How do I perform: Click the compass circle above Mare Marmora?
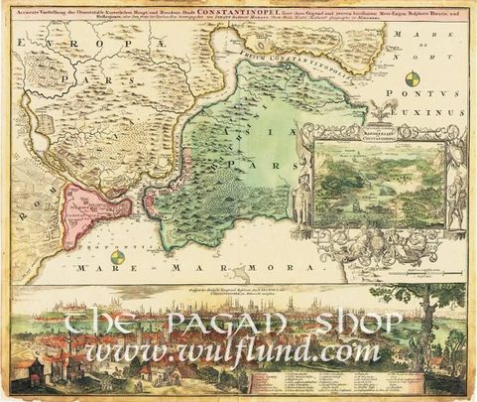pos(118,256)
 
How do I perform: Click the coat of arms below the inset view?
pos(392,237)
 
